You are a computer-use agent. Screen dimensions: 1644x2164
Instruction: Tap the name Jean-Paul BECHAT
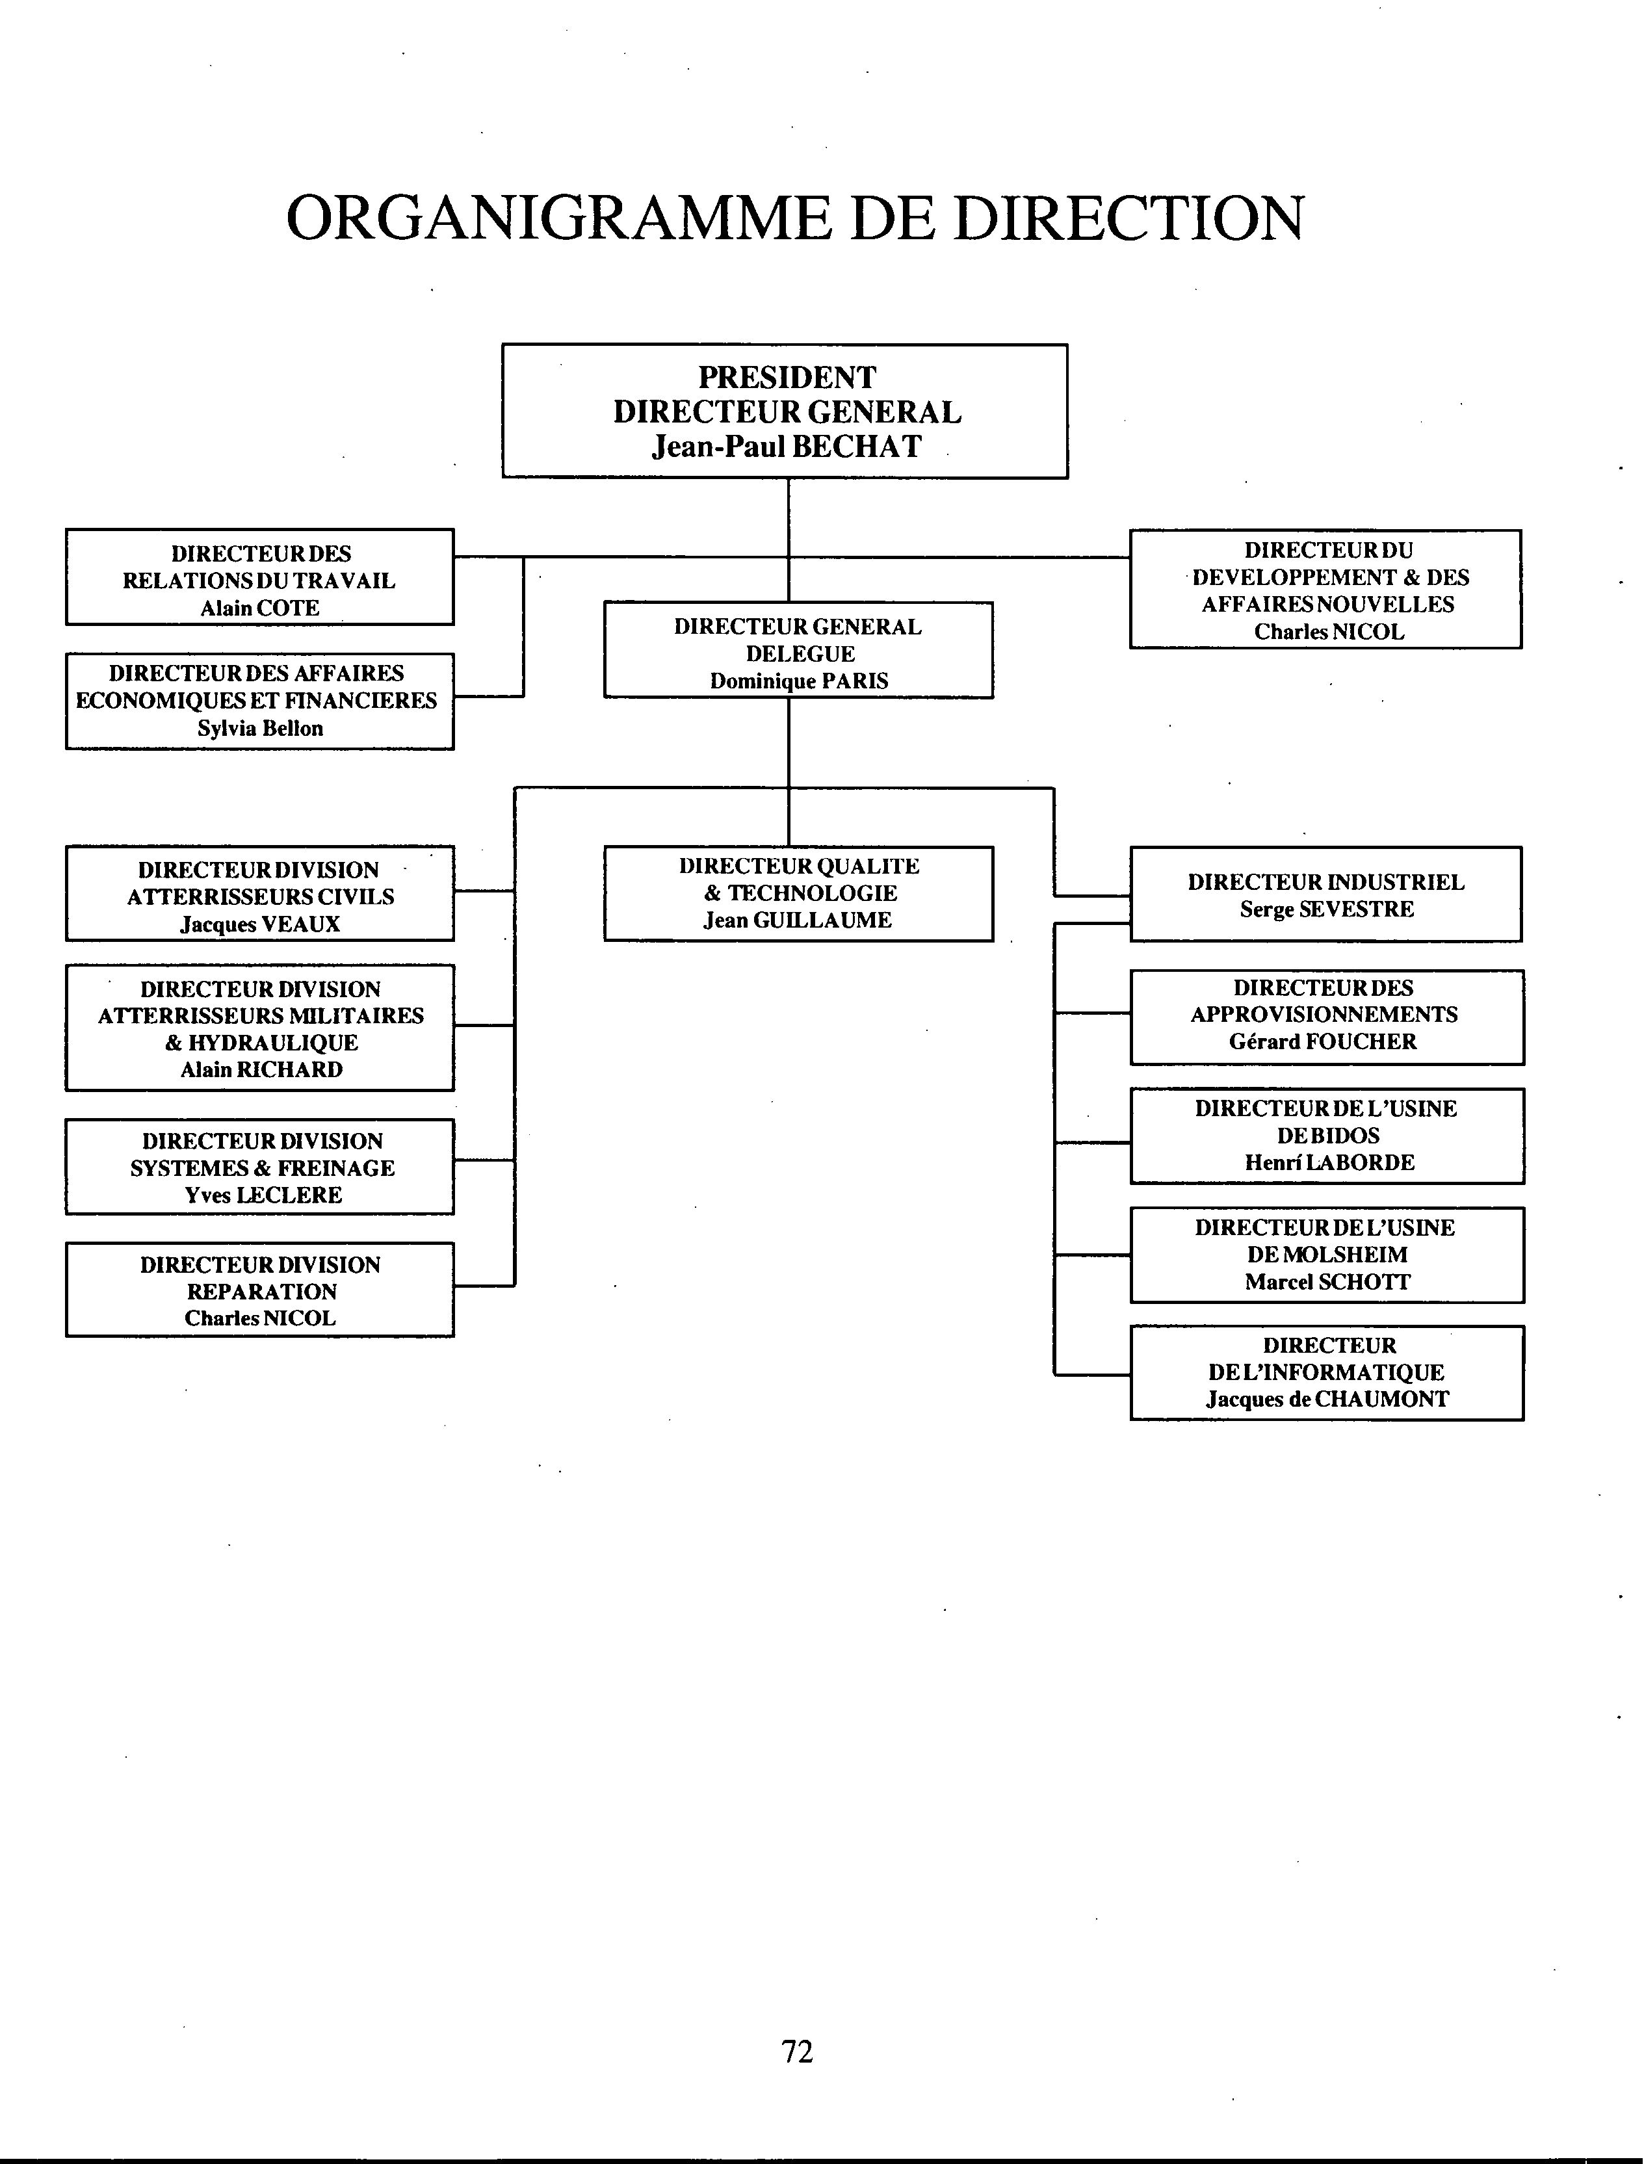787,447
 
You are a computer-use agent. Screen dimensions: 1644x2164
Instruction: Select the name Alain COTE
260,608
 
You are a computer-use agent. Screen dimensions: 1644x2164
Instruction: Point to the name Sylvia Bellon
260,729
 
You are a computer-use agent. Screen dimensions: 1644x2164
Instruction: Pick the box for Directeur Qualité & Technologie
798,894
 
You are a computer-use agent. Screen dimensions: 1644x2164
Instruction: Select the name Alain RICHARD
261,1070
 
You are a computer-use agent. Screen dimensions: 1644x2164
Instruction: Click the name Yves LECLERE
263,1195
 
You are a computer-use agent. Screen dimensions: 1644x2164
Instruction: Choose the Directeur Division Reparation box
260,1290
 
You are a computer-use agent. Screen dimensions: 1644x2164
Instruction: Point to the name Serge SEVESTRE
1327,910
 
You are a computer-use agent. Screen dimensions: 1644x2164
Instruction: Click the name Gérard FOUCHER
1323,1042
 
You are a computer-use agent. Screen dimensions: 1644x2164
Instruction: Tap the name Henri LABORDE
1330,1163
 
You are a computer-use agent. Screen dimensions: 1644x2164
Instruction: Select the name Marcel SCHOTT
1328,1283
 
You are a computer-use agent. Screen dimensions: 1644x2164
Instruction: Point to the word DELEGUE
800,655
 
